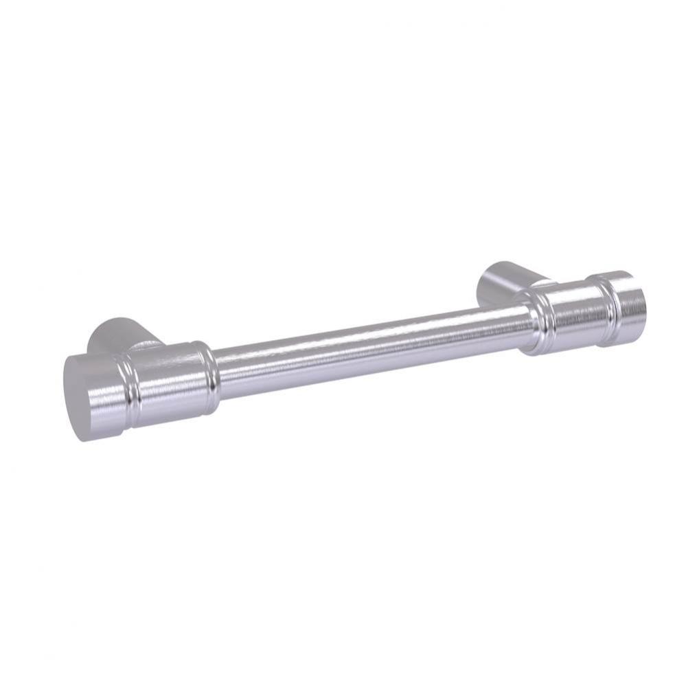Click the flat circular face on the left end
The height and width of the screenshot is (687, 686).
[x=88, y=398]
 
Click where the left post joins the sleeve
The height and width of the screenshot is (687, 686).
[x=148, y=347]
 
